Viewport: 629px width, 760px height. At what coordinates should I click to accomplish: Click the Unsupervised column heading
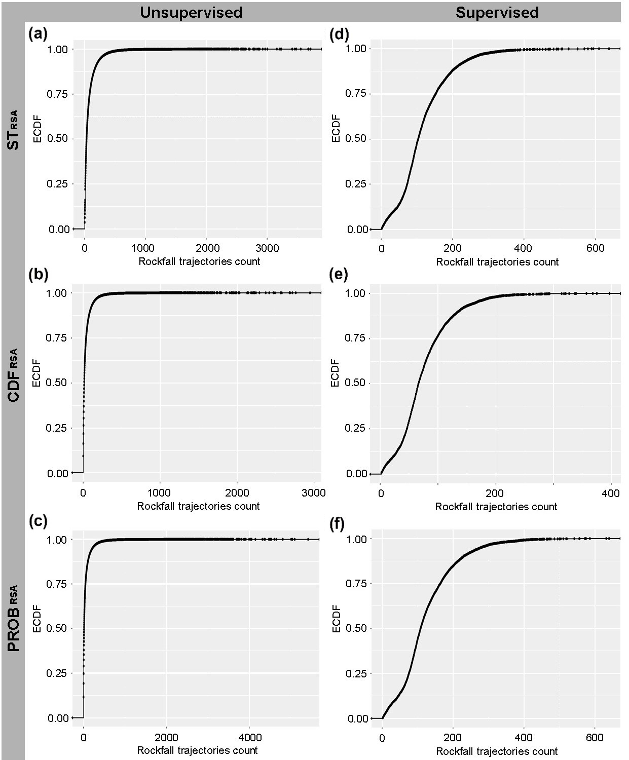coord(191,12)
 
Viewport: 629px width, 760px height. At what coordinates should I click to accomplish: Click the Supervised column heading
coord(497,12)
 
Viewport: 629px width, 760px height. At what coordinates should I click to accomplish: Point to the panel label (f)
coord(338,524)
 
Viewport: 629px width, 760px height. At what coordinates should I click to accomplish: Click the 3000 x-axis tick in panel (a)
coord(267,248)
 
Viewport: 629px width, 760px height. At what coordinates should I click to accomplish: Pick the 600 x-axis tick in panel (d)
coord(595,248)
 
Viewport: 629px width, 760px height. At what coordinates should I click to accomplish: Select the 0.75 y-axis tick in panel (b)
coord(56,338)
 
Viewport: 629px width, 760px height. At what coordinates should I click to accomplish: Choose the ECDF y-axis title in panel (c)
coord(36,619)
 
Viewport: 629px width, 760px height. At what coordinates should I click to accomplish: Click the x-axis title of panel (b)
coord(198,506)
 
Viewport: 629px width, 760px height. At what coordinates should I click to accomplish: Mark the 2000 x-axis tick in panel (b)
coord(237,493)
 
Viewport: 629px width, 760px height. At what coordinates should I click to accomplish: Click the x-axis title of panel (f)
coord(497,751)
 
